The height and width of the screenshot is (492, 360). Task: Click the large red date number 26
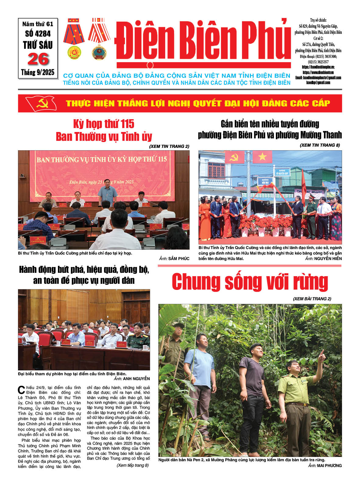pyautogui.click(x=38, y=59)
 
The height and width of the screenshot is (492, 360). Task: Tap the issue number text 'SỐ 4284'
pyautogui.click(x=38, y=34)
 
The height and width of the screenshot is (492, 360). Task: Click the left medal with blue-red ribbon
pyautogui.click(x=74, y=38)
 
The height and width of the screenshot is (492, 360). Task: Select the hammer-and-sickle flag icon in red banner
pyautogui.click(x=41, y=104)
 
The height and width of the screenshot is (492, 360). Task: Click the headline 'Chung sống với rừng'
pyautogui.click(x=250, y=282)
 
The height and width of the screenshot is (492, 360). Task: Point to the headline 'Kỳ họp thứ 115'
pyautogui.click(x=104, y=124)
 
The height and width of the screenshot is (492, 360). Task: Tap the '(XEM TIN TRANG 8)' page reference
pyautogui.click(x=320, y=145)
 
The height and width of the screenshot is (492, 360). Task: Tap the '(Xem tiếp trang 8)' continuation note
pyautogui.click(x=133, y=465)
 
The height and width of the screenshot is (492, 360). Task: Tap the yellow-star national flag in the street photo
pyautogui.click(x=262, y=157)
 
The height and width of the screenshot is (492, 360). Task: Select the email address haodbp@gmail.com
pyautogui.click(x=318, y=83)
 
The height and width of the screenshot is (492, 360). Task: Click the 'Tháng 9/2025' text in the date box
pyautogui.click(x=38, y=72)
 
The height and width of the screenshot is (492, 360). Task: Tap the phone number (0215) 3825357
pyautogui.click(x=318, y=62)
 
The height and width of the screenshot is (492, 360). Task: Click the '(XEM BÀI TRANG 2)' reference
pyautogui.click(x=312, y=299)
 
